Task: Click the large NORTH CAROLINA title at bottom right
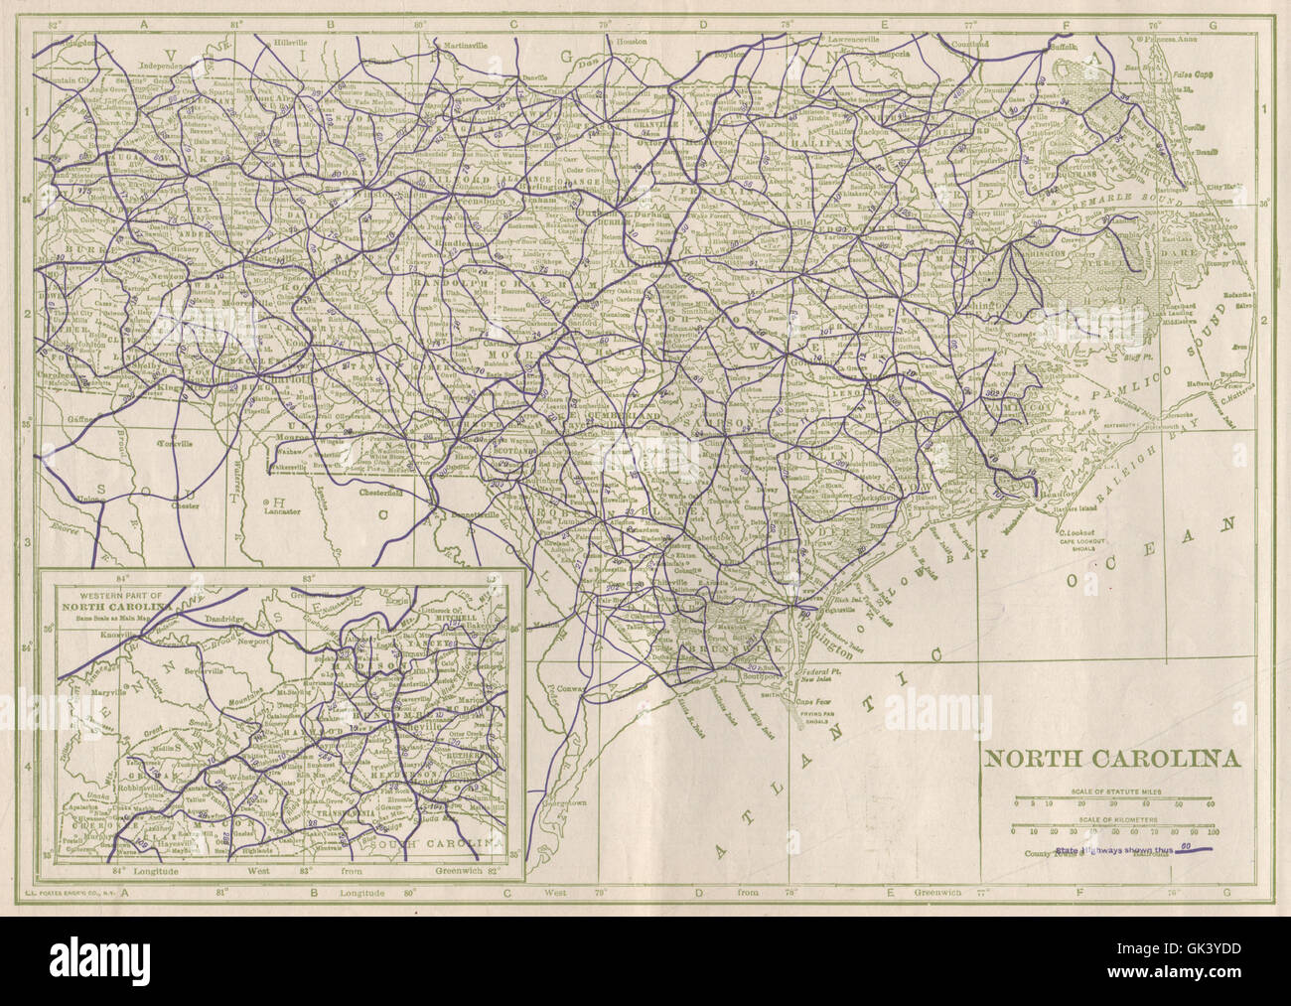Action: click(x=1112, y=760)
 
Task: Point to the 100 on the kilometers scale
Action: click(x=1213, y=832)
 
